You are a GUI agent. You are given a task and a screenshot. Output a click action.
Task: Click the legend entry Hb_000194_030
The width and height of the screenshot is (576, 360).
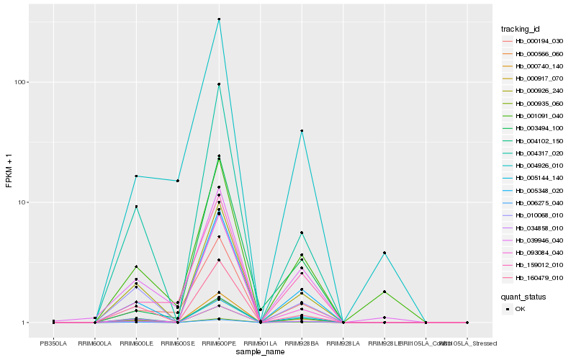click(x=534, y=41)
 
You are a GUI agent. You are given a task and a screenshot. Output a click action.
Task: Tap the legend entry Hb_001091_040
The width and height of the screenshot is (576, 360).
click(x=534, y=116)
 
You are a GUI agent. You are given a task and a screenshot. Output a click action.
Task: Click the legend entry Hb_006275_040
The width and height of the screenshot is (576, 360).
click(x=534, y=204)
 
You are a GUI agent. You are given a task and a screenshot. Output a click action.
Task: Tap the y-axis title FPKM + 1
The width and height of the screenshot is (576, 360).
click(x=9, y=171)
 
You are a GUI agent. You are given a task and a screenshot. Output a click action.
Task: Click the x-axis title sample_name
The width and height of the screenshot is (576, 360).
click(x=260, y=352)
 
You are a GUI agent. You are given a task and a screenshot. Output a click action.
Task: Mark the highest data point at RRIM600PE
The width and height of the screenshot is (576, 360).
click(x=219, y=19)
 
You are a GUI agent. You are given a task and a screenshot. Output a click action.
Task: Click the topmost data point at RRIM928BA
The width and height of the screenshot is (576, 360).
click(x=302, y=130)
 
